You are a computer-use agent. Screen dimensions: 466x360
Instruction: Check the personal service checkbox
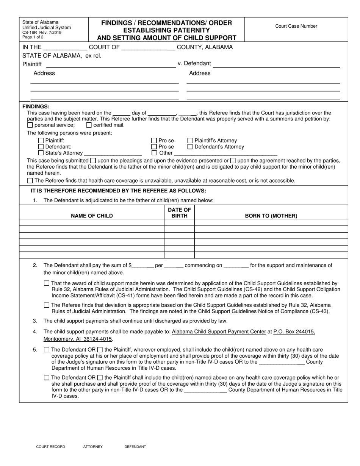[30, 125]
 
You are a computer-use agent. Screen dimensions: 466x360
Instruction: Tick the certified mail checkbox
[89, 125]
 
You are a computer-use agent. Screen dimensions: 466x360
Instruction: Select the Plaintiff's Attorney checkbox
[190, 141]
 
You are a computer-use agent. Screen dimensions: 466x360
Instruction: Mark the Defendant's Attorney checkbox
[190, 147]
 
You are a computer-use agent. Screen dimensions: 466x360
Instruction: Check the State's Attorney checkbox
[41, 153]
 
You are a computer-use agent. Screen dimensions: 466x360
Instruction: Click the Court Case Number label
[296, 26]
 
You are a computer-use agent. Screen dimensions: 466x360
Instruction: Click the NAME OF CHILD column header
[92, 216]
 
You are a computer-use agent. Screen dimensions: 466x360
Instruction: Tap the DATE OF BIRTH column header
[179, 213]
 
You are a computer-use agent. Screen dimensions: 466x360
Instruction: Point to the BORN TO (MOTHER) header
[271, 216]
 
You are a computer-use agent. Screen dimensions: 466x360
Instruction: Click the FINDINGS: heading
[36, 107]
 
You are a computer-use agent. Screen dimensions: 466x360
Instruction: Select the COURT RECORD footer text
[50, 447]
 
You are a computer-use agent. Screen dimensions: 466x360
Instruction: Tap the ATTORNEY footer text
[93, 447]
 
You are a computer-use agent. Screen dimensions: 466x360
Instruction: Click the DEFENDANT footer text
[135, 447]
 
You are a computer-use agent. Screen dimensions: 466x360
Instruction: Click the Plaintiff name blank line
[111, 65]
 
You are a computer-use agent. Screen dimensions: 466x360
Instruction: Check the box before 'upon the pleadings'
[93, 161]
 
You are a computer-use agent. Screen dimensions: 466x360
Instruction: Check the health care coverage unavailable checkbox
[31, 181]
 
